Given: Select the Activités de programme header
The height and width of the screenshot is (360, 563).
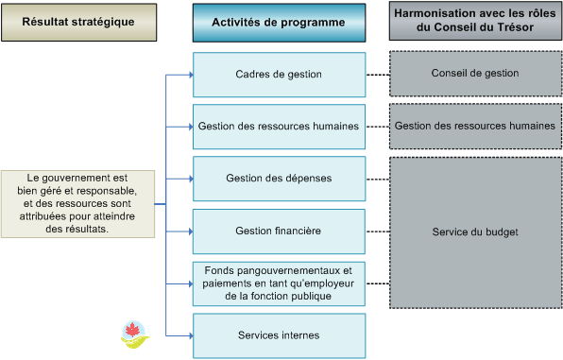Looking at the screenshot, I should (279, 22).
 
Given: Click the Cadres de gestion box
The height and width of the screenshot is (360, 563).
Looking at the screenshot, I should (279, 74).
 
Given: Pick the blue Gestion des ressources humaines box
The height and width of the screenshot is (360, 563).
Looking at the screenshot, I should (279, 126).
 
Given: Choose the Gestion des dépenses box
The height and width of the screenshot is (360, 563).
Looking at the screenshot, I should (279, 178).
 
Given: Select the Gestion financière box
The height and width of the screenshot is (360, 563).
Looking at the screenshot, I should (279, 230).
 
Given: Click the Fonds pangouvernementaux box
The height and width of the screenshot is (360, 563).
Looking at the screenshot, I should (279, 283).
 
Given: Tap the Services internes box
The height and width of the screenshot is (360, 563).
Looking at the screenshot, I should (279, 334).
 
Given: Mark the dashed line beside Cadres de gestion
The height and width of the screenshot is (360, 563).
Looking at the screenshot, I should (377, 74).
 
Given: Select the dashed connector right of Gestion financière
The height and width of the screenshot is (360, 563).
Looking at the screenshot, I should (377, 231).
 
